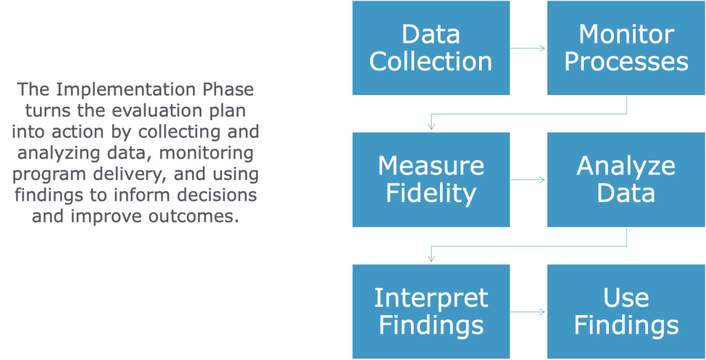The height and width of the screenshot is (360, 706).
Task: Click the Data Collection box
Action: [431, 48]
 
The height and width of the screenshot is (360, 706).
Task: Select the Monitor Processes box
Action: [626, 48]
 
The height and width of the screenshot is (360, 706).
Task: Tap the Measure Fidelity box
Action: [431, 179]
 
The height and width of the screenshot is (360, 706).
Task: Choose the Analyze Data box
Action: [626, 179]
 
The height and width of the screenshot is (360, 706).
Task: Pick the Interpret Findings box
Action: [431, 311]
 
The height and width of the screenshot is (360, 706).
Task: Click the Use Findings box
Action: [626, 311]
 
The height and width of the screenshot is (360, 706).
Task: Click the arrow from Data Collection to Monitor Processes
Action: [528, 48]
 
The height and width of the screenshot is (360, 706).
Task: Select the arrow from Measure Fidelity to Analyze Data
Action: [528, 180]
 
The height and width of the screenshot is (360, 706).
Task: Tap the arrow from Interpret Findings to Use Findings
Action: [528, 312]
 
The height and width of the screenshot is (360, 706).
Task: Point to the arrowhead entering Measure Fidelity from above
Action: [431, 127]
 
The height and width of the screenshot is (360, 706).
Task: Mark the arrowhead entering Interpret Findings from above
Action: [431, 259]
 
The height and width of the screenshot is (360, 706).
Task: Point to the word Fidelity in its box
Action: [431, 194]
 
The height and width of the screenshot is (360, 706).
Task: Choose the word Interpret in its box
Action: [431, 298]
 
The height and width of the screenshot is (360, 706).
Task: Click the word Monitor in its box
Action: [626, 34]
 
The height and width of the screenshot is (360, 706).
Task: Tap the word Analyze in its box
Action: [626, 166]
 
